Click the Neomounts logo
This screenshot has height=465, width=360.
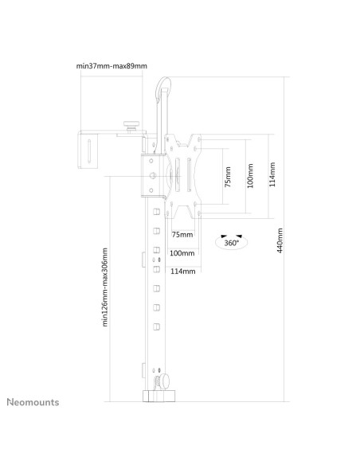coord(33,402)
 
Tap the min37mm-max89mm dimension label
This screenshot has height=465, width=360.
coord(112,65)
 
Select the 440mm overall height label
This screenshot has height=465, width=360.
coord(280,240)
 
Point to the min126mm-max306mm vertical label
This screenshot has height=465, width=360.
coord(104,287)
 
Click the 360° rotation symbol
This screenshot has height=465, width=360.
coord(231,242)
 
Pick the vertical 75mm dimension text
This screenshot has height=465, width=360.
coord(228,177)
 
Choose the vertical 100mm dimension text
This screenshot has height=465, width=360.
coord(250,175)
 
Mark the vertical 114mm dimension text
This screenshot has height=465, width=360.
coord(272,174)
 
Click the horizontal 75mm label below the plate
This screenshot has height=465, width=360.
coord(182,235)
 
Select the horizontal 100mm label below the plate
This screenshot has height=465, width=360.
coord(182,253)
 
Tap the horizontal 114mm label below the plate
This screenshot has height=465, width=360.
coord(183,271)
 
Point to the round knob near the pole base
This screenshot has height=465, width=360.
coord(165,381)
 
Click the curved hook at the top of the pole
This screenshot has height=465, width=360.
coord(162,86)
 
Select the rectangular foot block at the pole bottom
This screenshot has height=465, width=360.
coord(159,397)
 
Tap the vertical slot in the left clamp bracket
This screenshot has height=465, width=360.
coord(89,151)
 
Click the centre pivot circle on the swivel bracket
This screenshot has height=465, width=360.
coord(153,176)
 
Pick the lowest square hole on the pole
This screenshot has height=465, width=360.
coord(156,326)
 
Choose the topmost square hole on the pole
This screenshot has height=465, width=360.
coord(156,212)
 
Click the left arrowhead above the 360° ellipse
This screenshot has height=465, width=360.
coord(224,236)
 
